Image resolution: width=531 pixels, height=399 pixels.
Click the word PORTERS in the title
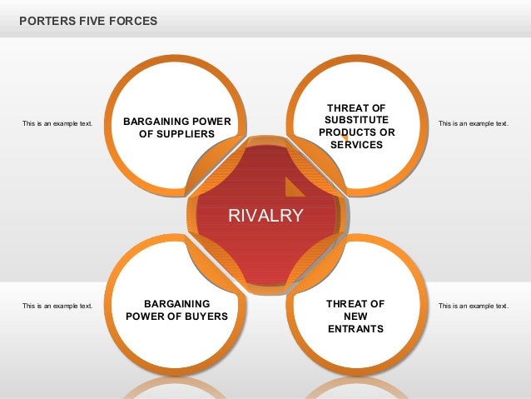pyautogui.click(x=43, y=19)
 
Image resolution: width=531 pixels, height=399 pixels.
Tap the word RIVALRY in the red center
pyautogui.click(x=265, y=216)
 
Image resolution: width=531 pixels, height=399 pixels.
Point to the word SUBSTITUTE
pyautogui.click(x=356, y=120)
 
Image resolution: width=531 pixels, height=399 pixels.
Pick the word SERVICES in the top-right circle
pyautogui.click(x=356, y=145)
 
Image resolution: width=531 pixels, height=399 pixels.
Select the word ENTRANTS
pyautogui.click(x=355, y=329)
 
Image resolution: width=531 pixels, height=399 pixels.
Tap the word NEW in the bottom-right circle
pyautogui.click(x=355, y=317)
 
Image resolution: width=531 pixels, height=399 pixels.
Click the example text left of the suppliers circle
pyautogui.click(x=57, y=123)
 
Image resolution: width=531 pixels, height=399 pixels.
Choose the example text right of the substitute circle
pyautogui.click(x=473, y=123)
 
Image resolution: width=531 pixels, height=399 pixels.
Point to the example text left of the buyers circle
pyautogui.click(x=57, y=306)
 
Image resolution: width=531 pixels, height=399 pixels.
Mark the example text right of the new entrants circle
pyautogui.click(x=473, y=306)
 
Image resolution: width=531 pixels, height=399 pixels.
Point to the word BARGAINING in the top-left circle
pyautogui.click(x=156, y=122)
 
